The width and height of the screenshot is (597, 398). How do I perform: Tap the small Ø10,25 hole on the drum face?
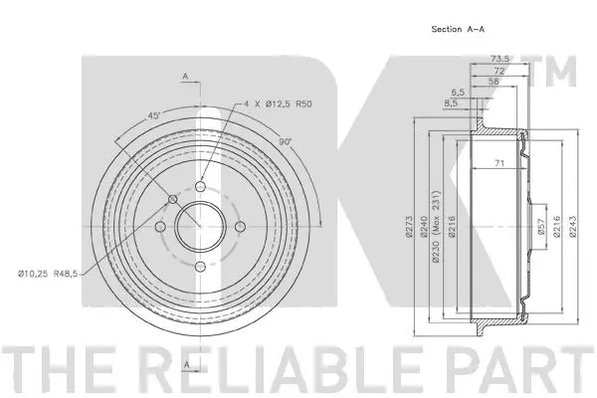(174, 201)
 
